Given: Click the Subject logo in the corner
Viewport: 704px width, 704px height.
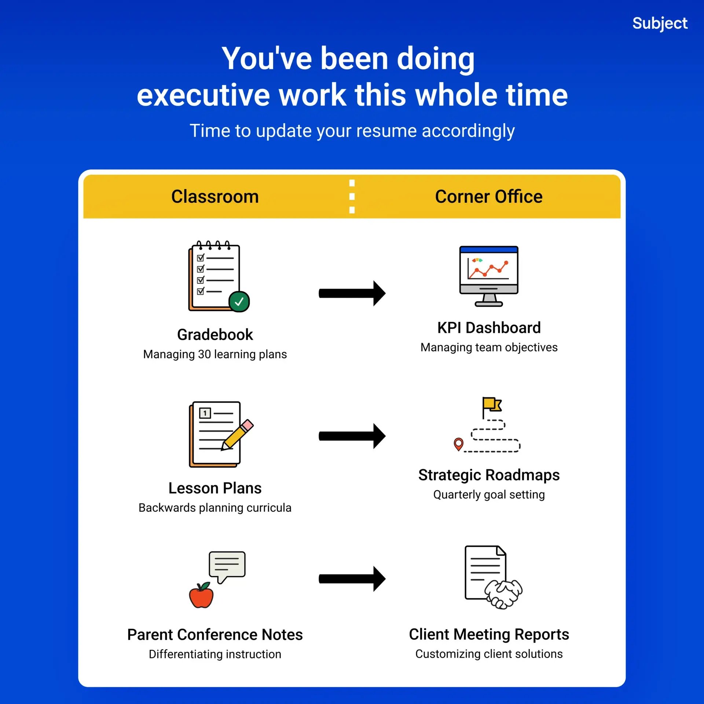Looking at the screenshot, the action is coord(660,23).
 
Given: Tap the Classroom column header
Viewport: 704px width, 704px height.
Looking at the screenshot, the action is coord(215,197).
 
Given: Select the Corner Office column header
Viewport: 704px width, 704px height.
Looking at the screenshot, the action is coord(489,197).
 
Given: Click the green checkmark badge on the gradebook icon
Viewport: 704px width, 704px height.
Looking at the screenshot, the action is coord(239,301).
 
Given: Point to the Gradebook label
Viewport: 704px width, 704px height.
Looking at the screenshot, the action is coord(215,334).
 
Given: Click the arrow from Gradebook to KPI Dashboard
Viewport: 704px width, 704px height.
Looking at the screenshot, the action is coord(352,293).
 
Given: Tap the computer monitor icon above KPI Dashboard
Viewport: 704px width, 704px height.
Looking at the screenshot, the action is coord(489,276).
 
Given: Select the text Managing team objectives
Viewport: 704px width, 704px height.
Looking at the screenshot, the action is coord(489,347).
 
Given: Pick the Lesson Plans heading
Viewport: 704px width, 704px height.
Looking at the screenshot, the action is coord(215,488).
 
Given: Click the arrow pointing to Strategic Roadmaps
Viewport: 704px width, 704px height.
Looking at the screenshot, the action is coord(352,436).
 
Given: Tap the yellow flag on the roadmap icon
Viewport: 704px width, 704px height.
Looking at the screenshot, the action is coord(492,404).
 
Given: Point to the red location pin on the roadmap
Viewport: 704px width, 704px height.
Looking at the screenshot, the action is coord(458,444).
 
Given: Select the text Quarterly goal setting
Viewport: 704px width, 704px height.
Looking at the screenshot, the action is coord(489,495).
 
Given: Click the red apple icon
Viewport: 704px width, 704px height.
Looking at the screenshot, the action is coord(201,595).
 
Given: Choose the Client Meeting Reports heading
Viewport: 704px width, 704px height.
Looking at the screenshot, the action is coord(489,634).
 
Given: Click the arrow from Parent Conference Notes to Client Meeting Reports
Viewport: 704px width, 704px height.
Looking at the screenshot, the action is coord(352,579).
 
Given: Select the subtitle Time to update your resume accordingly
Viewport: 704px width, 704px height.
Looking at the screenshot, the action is coord(352,131).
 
